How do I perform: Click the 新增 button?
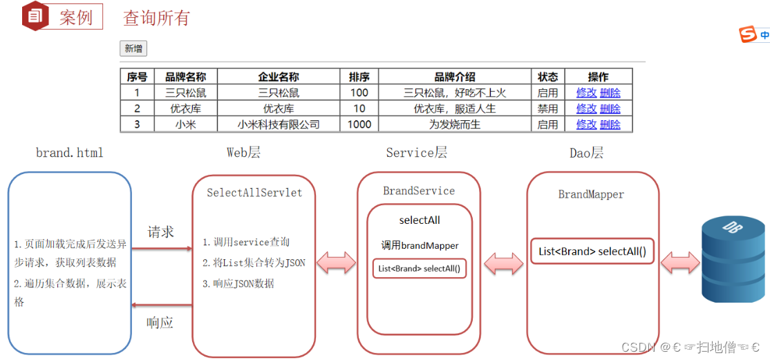[x=133, y=48]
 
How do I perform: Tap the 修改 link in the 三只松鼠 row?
[x=586, y=93]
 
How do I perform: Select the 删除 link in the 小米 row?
[x=610, y=124]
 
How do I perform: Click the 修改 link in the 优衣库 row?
[x=586, y=108]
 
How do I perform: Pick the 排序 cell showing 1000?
[x=359, y=124]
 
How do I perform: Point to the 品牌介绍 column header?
[x=454, y=77]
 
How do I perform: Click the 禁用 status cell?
[x=547, y=108]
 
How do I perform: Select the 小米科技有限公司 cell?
[x=278, y=124]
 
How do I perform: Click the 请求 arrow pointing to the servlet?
[x=161, y=248]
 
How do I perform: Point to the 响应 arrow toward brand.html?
[x=161, y=305]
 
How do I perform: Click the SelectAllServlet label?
[x=254, y=193]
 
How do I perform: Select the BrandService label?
[x=419, y=191]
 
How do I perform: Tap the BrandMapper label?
[x=591, y=194]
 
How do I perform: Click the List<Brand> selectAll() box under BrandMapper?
[x=592, y=252]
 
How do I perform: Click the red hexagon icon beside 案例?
[x=35, y=16]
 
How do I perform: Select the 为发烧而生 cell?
[x=454, y=124]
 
